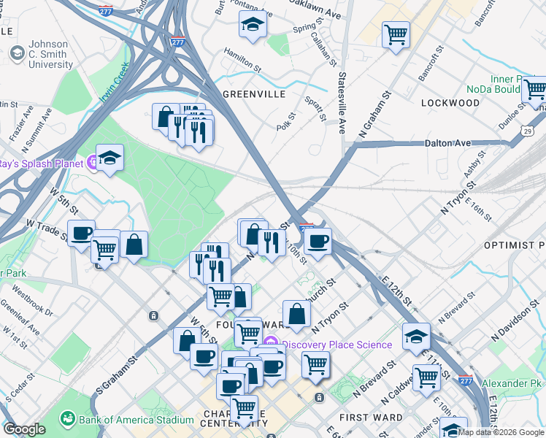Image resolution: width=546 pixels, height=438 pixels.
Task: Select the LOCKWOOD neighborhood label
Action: [x=450, y=103]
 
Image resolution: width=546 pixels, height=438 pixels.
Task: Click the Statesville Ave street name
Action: [x=341, y=102]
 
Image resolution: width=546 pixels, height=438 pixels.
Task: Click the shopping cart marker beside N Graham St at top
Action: [x=396, y=34]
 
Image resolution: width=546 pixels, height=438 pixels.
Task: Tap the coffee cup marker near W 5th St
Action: [x=82, y=233]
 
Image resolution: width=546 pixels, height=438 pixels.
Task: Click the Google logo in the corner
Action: [x=24, y=429]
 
